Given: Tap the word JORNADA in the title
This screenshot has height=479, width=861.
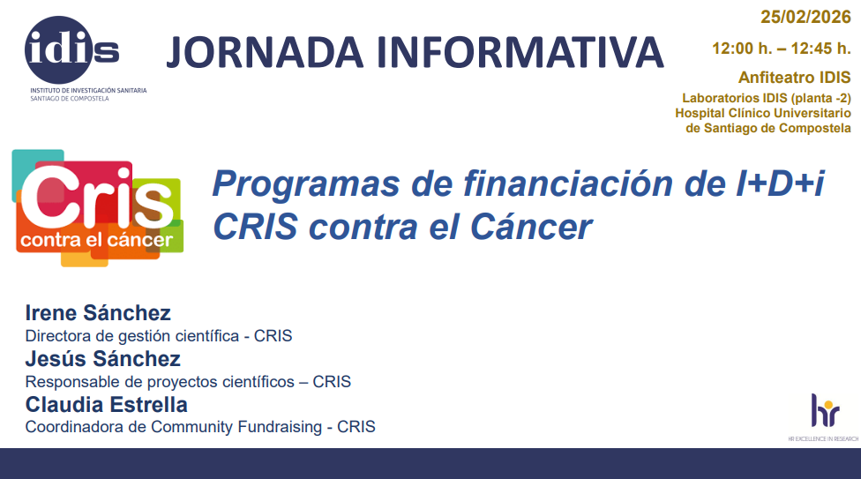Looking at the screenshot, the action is pyautogui.click(x=266, y=52).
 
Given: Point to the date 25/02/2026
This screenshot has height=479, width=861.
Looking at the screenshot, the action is pyautogui.click(x=805, y=17).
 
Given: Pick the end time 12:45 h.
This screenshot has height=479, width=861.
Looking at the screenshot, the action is pyautogui.click(x=821, y=49).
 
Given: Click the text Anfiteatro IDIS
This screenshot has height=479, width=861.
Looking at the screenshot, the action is pyautogui.click(x=795, y=78).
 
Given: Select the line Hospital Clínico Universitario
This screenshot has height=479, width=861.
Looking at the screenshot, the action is pyautogui.click(x=763, y=113).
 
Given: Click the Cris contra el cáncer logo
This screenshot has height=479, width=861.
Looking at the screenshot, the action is pyautogui.click(x=98, y=208).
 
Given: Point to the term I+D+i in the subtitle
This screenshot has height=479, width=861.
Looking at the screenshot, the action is pyautogui.click(x=780, y=183).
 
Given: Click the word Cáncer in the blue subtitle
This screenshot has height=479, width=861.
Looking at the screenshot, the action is pyautogui.click(x=531, y=227).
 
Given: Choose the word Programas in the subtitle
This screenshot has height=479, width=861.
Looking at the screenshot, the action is pyautogui.click(x=306, y=184).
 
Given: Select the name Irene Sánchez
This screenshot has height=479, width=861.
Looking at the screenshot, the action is pyautogui.click(x=98, y=313).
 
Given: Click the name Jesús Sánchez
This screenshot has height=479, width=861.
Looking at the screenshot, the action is pyautogui.click(x=102, y=359).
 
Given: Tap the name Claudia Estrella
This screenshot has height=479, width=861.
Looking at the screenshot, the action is pyautogui.click(x=107, y=405).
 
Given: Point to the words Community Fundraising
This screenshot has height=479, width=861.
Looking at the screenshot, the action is pyautogui.click(x=236, y=427).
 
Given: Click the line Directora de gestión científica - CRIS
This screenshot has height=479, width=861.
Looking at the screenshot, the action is pyautogui.click(x=159, y=335).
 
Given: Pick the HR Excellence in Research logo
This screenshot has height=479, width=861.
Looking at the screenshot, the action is pyautogui.click(x=823, y=417).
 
